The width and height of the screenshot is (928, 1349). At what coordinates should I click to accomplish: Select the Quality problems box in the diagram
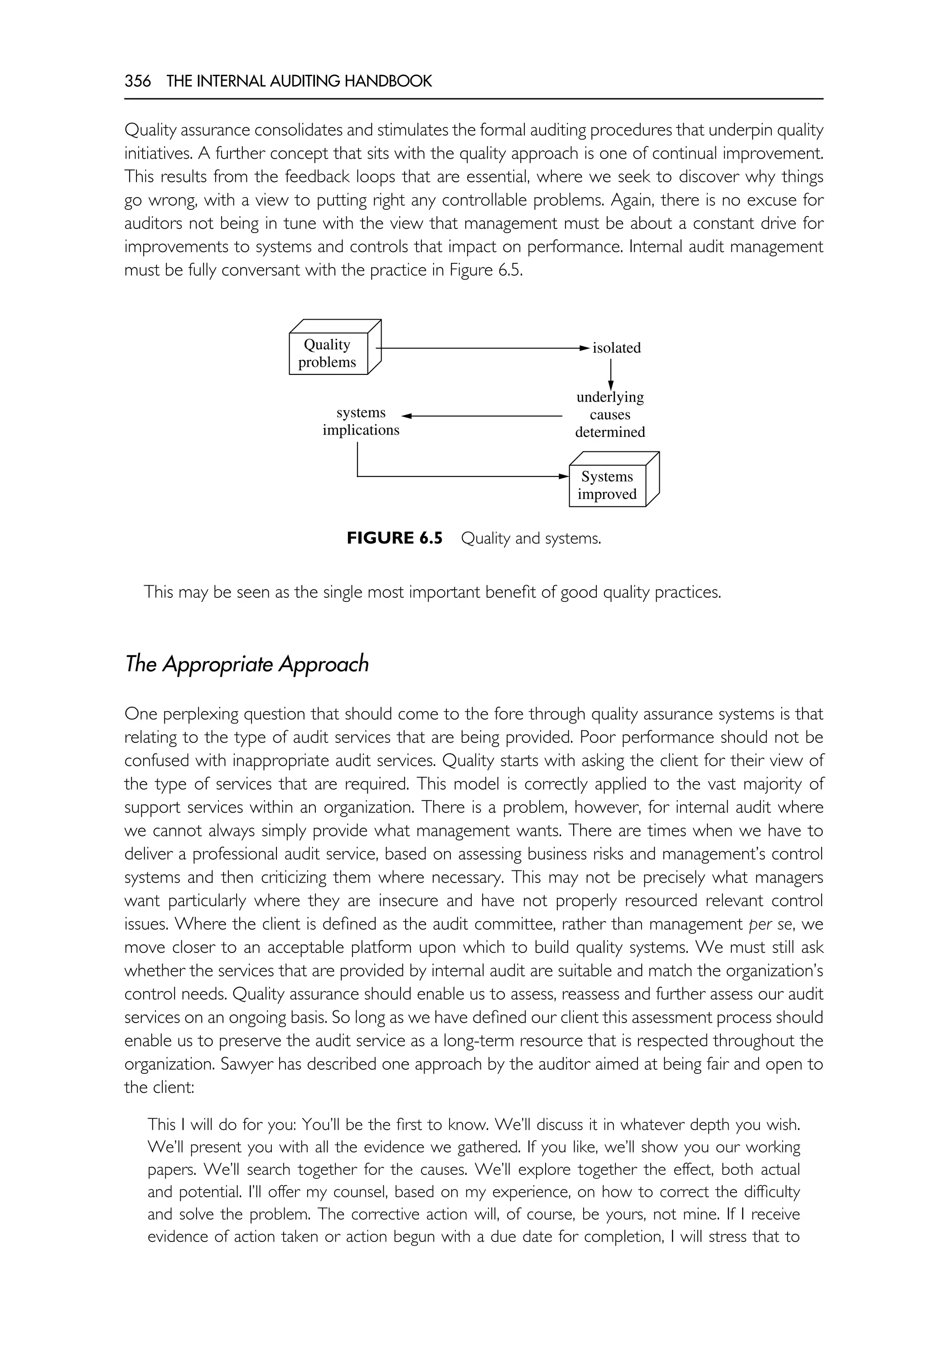point(328,353)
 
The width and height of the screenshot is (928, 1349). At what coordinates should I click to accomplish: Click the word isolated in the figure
point(616,348)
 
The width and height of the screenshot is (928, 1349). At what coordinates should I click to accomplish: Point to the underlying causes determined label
point(610,415)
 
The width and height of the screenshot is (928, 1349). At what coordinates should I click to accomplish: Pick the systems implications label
point(361,421)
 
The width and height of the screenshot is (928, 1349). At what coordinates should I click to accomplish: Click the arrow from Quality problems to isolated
point(483,348)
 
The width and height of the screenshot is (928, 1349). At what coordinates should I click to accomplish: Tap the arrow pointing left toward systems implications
point(483,416)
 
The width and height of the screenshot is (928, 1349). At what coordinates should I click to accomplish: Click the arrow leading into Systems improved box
point(465,476)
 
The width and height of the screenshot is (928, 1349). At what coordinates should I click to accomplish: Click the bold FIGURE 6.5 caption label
point(394,538)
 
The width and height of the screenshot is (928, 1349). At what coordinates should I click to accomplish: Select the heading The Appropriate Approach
point(246,664)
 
